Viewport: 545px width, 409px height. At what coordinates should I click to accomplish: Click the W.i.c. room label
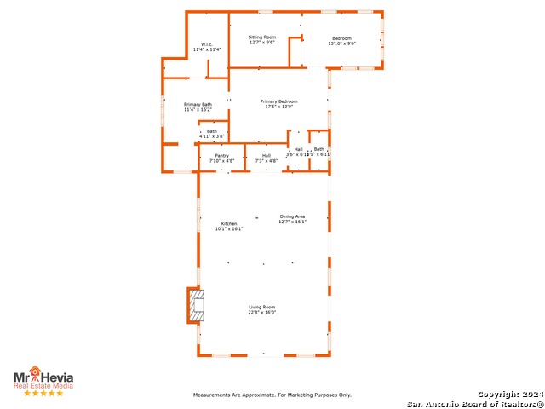pos(206,44)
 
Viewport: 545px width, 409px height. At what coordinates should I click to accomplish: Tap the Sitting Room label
pos(262,37)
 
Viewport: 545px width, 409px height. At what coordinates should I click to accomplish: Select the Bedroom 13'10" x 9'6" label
pos(341,37)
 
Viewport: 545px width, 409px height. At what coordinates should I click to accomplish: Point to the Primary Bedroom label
pos(278,101)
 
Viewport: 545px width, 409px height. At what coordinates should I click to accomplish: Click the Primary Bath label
pos(198,104)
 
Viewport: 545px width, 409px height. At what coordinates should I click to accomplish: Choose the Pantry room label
pos(221,156)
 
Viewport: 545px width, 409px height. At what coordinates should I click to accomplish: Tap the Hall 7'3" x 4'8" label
pos(267,156)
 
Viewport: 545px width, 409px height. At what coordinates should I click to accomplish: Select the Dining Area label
pos(292,216)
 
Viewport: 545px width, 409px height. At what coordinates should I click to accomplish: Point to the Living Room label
pos(262,307)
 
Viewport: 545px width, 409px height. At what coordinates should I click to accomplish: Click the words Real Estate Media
pos(43,385)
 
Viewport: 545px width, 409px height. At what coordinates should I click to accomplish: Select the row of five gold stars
pos(43,394)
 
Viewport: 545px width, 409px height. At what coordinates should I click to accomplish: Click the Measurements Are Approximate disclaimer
pos(272,395)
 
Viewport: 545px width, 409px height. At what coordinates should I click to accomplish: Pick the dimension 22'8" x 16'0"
pos(262,313)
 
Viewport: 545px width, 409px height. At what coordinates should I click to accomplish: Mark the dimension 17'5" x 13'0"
pos(278,107)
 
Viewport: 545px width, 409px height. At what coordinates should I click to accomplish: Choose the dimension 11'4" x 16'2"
pos(198,110)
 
